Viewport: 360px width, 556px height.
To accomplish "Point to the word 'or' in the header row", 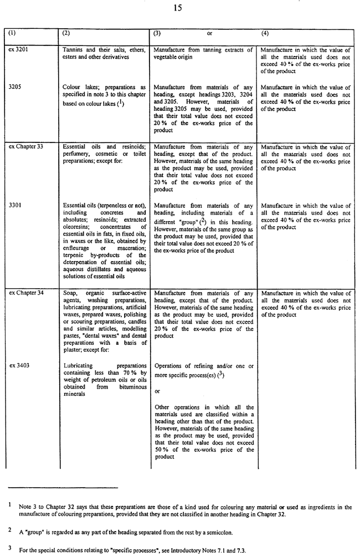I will (210, 34).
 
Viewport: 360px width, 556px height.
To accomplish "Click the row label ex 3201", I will (19, 50).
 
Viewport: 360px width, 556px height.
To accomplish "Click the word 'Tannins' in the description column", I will (74, 50).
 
